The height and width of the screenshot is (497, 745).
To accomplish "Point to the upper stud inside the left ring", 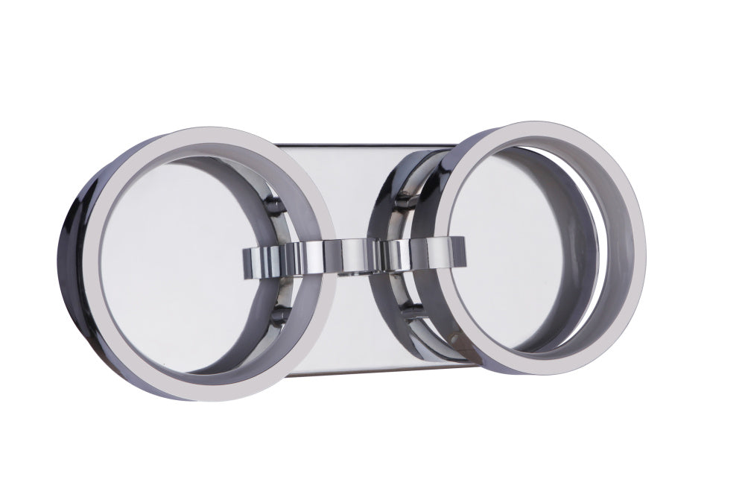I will [275, 206].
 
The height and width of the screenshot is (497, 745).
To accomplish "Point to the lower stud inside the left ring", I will [276, 316].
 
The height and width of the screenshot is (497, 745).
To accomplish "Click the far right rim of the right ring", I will [641, 246].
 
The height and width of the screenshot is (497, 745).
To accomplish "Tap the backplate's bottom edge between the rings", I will [350, 370].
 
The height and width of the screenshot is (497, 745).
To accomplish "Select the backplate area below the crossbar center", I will [350, 320].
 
